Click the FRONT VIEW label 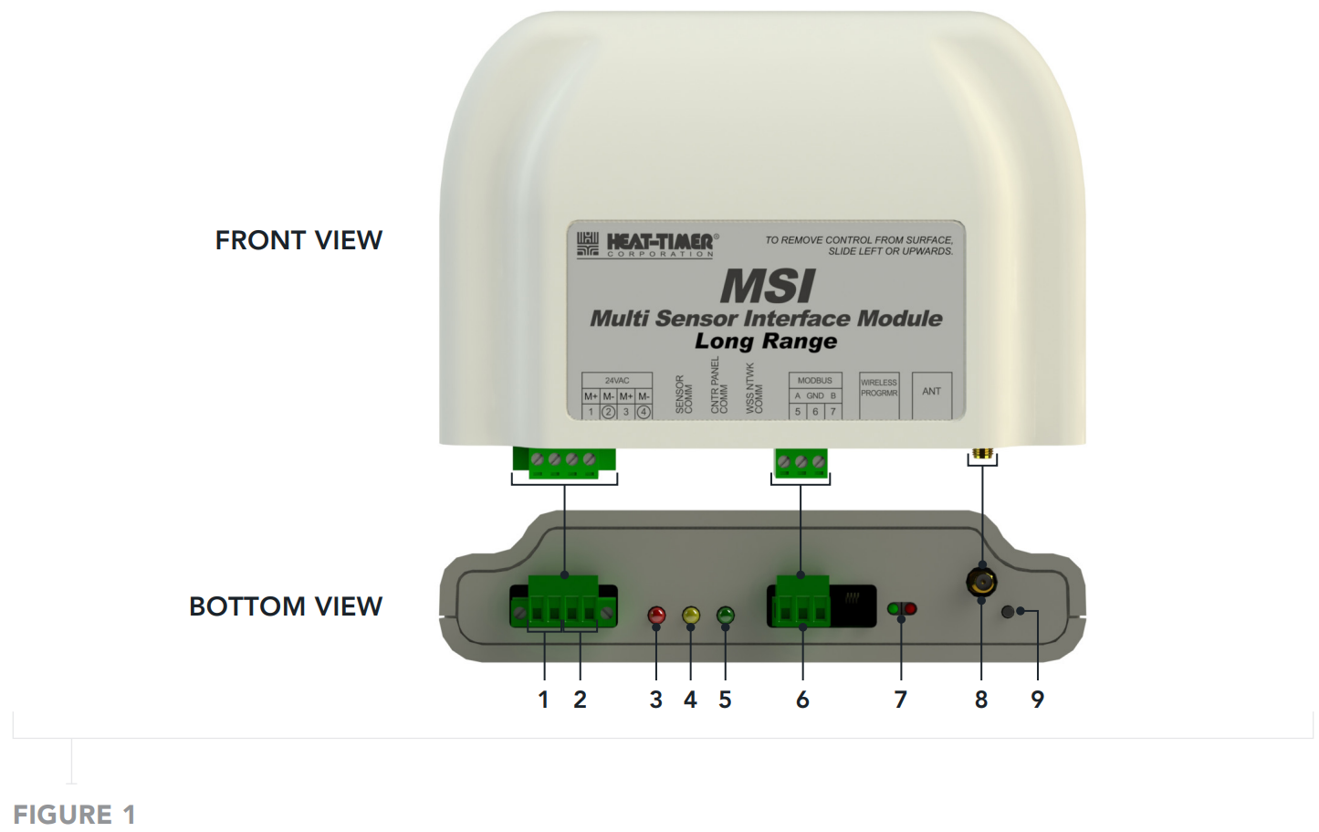pyautogui.click(x=298, y=240)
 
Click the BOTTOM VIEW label pyautogui.click(x=285, y=606)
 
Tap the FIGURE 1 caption pyautogui.click(x=74, y=814)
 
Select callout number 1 pyautogui.click(x=543, y=700)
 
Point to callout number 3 pyautogui.click(x=655, y=700)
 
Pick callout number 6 pyautogui.click(x=802, y=700)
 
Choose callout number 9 pyautogui.click(x=1037, y=700)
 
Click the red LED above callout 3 pyautogui.click(x=656, y=615)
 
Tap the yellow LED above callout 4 pyautogui.click(x=691, y=615)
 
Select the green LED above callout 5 pyautogui.click(x=726, y=615)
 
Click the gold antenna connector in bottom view pyautogui.click(x=981, y=581)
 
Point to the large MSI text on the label pyautogui.click(x=767, y=287)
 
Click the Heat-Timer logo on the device pyautogui.click(x=646, y=244)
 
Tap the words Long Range pyautogui.click(x=766, y=342)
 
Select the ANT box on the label pyautogui.click(x=931, y=393)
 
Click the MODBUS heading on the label pyautogui.click(x=814, y=380)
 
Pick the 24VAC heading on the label pyautogui.click(x=617, y=380)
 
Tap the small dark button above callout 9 pyautogui.click(x=1008, y=612)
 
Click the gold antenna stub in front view pyautogui.click(x=982, y=453)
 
